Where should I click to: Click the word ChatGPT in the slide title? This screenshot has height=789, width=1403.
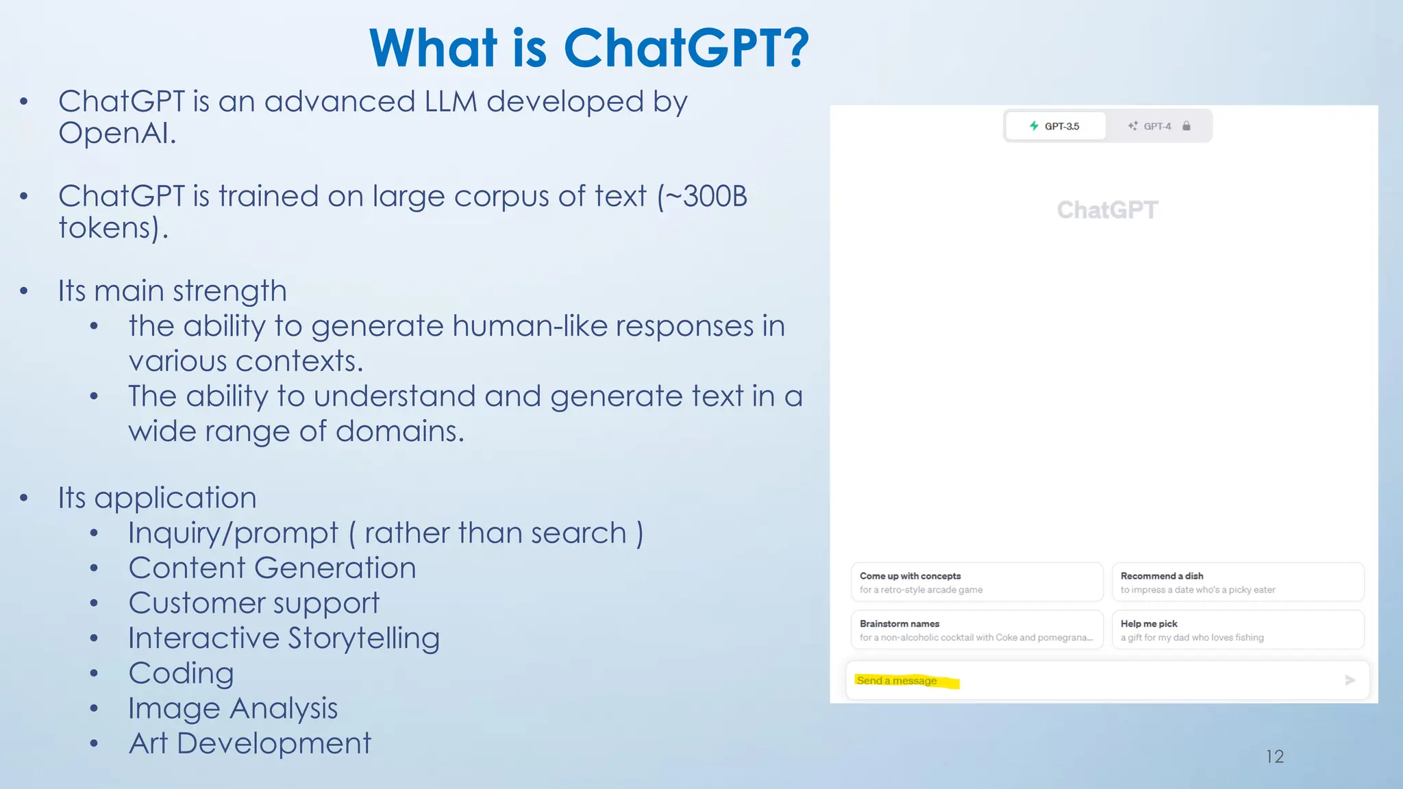pos(686,48)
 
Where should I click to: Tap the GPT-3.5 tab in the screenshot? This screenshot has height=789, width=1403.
pos(1055,126)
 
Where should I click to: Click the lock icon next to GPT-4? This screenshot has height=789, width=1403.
pos(1187,126)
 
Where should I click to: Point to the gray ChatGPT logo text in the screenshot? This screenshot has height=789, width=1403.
pos(1107,210)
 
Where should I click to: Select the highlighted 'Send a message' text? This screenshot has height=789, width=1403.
pos(897,680)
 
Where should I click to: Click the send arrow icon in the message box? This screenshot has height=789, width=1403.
pos(1350,680)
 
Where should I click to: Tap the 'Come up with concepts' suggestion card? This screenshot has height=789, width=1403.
pos(977,582)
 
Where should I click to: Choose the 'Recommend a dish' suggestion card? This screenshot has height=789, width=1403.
pos(1237,582)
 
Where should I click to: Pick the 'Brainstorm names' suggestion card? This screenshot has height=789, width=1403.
pos(977,630)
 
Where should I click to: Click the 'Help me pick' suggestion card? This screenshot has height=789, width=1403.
pos(1237,630)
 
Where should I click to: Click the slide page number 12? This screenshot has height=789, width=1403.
pos(1274,756)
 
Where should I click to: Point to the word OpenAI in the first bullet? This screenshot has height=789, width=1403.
pos(117,133)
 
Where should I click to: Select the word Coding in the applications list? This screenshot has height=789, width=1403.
pos(182,673)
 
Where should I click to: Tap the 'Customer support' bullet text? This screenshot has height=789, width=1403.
pos(253,603)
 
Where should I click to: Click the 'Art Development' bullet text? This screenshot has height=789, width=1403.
pos(250,743)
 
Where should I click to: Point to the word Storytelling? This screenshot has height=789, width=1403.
pos(364,638)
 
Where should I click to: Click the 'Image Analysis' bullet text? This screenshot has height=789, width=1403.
pos(233,708)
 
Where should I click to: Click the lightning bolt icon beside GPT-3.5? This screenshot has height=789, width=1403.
pos(1034,126)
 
